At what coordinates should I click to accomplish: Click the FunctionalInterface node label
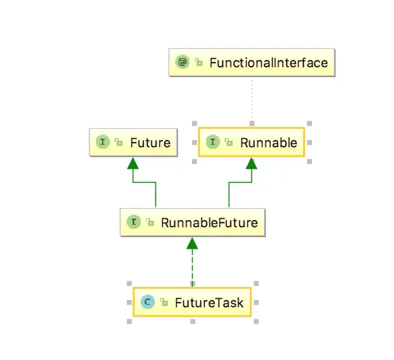click(x=269, y=63)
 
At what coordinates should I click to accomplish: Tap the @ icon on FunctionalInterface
click(x=181, y=63)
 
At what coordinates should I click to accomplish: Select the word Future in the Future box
click(x=150, y=143)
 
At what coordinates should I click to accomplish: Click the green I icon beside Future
click(x=103, y=143)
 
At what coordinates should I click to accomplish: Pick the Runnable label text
click(x=269, y=143)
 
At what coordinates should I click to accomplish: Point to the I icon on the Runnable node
click(x=213, y=143)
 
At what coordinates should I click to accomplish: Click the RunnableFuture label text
click(x=209, y=223)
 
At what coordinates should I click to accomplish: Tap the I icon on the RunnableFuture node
click(x=133, y=223)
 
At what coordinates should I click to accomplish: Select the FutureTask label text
click(x=209, y=303)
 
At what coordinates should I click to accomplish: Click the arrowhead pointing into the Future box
click(x=133, y=163)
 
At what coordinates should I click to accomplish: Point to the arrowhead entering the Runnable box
click(x=251, y=163)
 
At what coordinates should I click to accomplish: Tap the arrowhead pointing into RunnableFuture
click(x=193, y=243)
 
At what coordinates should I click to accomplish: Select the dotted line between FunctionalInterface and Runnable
click(x=251, y=100)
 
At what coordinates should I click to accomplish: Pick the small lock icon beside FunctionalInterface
click(x=198, y=63)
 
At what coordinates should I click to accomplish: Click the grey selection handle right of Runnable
click(x=309, y=143)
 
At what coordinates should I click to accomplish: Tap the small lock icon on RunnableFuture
click(x=149, y=223)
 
